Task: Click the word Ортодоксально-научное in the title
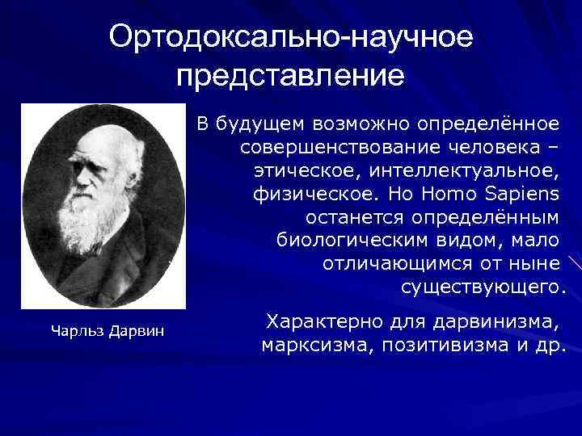tap(291, 37)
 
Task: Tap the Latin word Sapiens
tap(524, 195)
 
